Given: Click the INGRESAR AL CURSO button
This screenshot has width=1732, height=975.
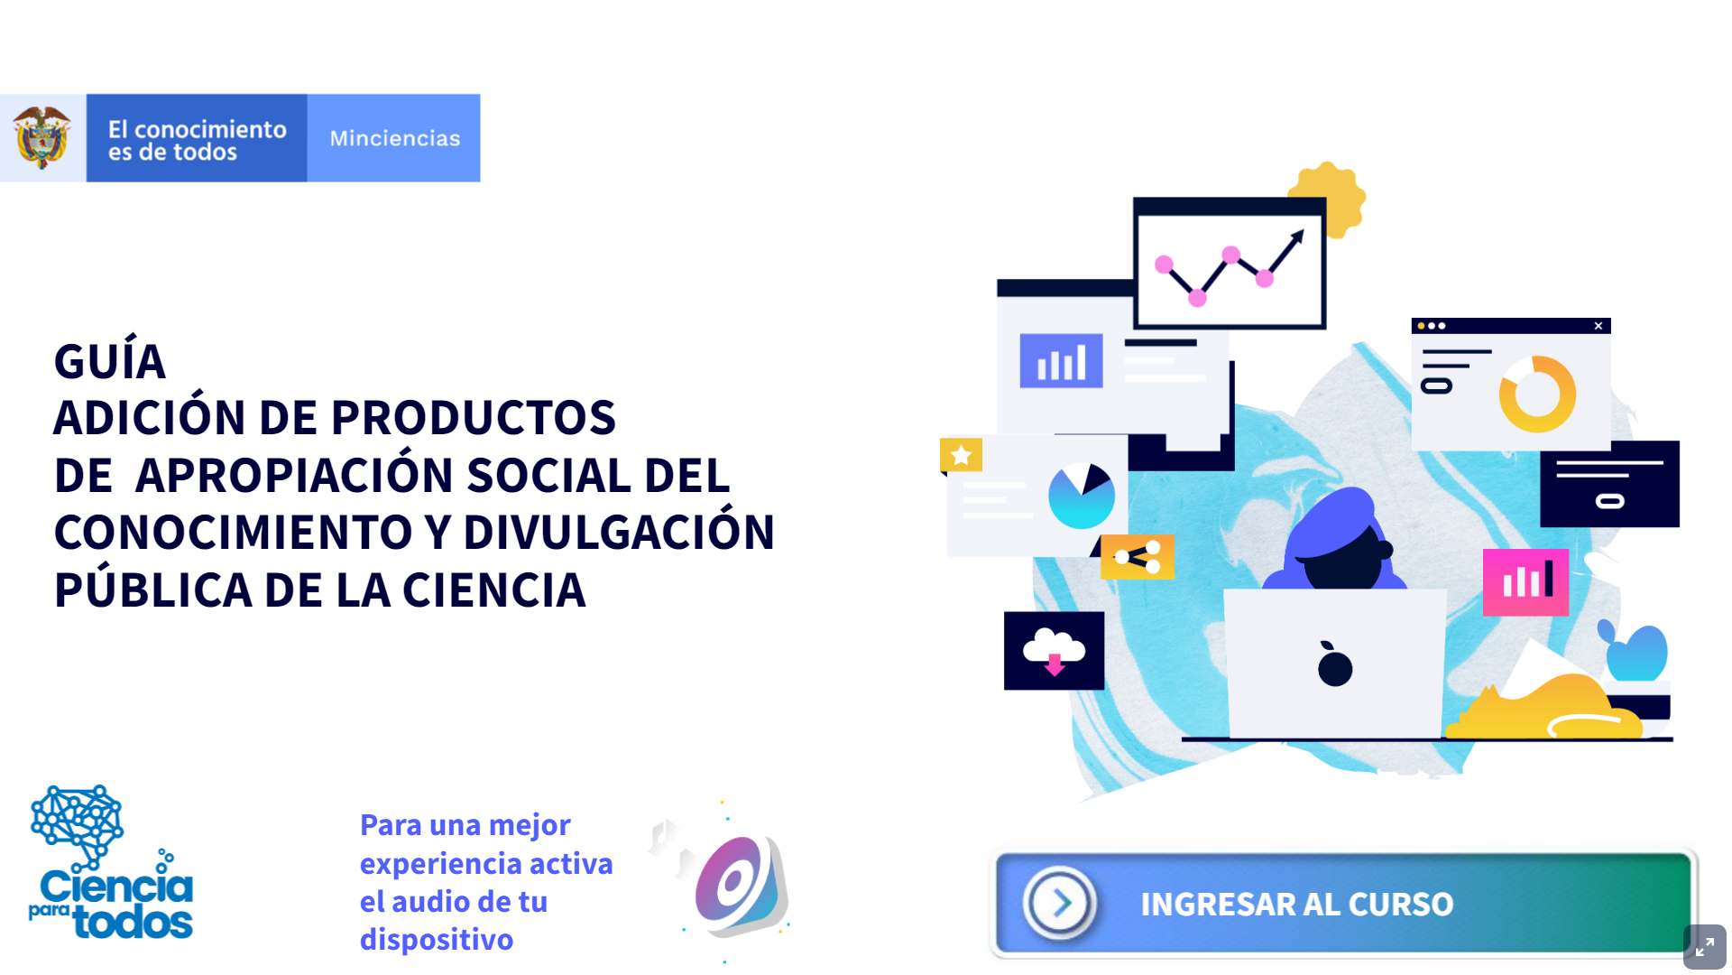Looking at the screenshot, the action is (x=1343, y=903).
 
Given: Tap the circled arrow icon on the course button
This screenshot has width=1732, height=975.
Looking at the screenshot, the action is (x=1060, y=903).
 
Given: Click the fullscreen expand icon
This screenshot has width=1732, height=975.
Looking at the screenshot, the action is (x=1704, y=947).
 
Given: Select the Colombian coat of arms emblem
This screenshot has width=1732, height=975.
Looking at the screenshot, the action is (x=41, y=137).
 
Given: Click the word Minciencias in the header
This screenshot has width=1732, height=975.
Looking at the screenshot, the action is (x=395, y=138).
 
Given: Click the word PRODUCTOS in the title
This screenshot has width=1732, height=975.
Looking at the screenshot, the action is (x=474, y=417).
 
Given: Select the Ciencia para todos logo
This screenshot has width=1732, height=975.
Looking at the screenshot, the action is (x=111, y=862).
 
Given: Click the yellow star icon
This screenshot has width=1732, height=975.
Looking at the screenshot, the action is (x=961, y=455).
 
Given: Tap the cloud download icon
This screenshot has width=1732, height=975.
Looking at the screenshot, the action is (x=1054, y=651).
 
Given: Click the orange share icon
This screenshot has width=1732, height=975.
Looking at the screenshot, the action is (x=1138, y=556).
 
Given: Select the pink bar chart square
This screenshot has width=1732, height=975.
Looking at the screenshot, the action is (x=1525, y=582).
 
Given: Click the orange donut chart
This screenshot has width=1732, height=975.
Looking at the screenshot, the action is (x=1537, y=394).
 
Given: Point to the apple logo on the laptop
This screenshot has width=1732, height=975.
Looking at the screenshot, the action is (x=1334, y=665).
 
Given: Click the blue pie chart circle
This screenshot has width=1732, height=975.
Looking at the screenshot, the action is (x=1082, y=496).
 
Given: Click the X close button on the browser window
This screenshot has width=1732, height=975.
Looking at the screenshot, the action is (x=1598, y=326).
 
